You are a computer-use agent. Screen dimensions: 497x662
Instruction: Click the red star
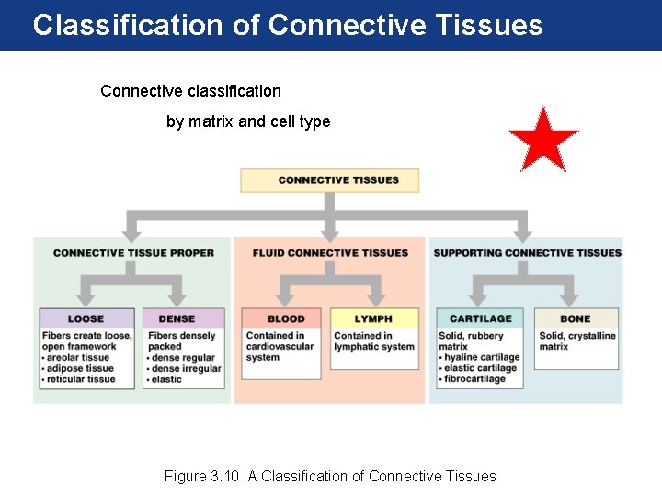(x=542, y=141)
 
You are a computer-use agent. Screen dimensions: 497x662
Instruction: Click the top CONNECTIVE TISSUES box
(x=329, y=180)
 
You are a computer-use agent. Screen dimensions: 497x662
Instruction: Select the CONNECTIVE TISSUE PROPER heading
(x=133, y=253)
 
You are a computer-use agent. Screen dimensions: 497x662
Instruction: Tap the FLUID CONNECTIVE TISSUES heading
(x=330, y=253)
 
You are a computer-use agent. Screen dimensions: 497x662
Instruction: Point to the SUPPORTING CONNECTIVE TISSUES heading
(x=527, y=253)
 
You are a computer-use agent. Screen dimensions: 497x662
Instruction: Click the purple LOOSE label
(x=86, y=318)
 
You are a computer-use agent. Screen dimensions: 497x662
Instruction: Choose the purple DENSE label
(x=177, y=318)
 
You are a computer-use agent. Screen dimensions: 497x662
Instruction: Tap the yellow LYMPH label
(x=373, y=318)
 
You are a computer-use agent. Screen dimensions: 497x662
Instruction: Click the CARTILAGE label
(x=480, y=318)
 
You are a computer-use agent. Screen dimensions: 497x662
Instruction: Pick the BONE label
(x=576, y=318)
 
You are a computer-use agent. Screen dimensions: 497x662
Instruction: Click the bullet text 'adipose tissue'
(x=80, y=368)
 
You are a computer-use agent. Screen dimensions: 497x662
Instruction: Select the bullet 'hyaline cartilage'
(x=481, y=357)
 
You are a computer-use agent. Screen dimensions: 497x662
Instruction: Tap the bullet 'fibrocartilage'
(x=474, y=379)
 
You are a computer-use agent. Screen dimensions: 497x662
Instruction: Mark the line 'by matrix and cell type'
(x=248, y=121)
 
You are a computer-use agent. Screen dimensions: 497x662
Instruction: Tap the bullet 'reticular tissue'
(x=81, y=379)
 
